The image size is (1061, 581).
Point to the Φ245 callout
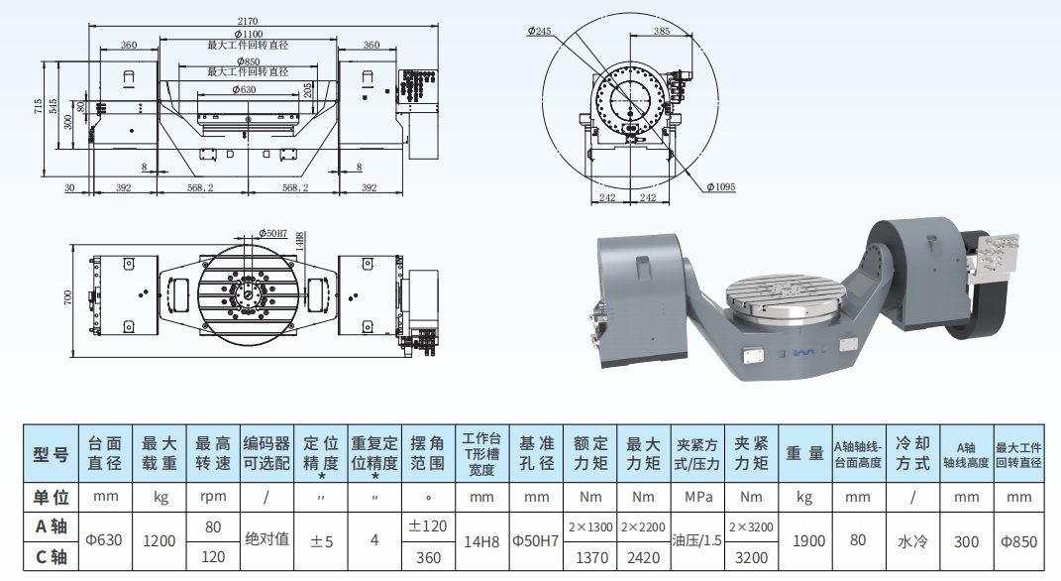pos(542,32)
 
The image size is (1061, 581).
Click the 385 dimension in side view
pos(662,32)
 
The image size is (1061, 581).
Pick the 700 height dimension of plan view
pos(69,298)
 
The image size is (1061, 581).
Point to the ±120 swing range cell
pos(428,525)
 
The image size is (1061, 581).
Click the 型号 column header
pos(52,455)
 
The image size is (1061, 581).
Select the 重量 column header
pos(804,455)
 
